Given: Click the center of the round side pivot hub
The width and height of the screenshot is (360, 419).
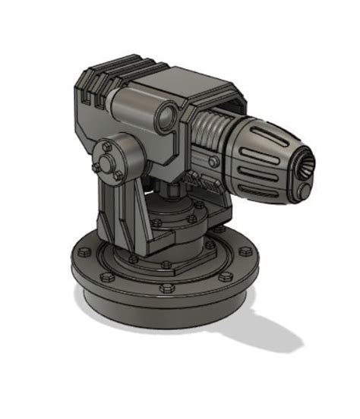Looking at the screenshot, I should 112,157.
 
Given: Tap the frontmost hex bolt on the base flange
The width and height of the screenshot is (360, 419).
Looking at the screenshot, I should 166,288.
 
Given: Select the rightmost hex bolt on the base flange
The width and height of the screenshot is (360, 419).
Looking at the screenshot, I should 247,247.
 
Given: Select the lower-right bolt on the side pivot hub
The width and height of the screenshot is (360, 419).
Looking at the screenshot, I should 120,174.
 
